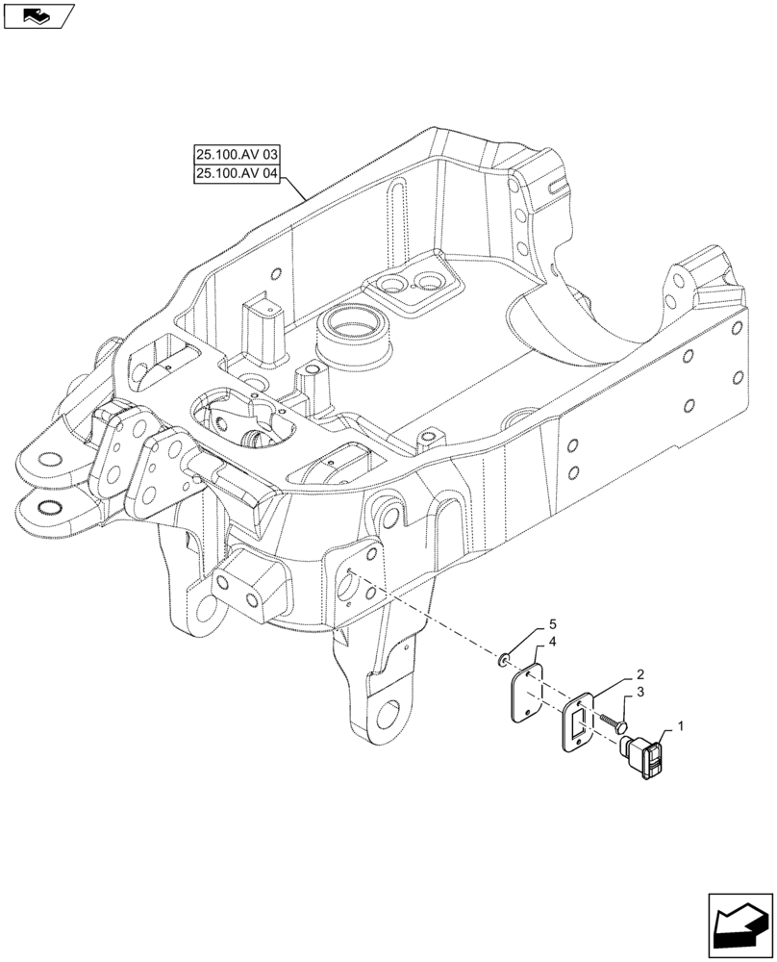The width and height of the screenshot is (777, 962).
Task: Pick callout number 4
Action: click(x=553, y=642)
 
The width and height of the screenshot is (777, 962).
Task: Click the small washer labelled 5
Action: click(x=504, y=661)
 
